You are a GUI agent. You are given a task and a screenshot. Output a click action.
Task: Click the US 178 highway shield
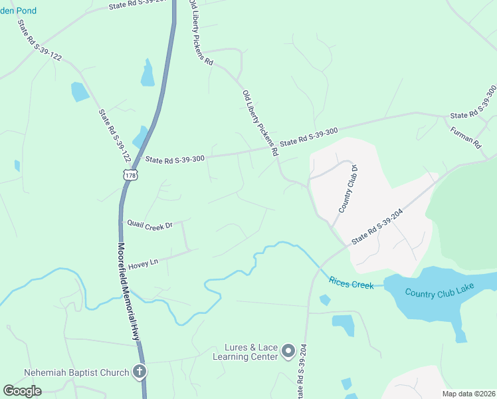point(130,175)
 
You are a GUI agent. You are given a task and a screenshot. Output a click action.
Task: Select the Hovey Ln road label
point(143,263)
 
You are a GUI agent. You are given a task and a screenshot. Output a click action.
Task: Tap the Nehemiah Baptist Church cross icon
point(140,372)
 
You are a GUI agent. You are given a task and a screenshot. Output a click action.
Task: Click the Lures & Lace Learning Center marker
point(288,350)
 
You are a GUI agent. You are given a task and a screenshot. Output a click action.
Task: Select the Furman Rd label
point(465,136)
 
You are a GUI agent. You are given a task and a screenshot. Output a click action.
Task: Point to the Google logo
point(22,391)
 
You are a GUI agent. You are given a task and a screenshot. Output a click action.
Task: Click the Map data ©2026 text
point(468,394)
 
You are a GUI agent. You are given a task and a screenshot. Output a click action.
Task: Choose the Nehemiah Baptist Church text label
point(76,372)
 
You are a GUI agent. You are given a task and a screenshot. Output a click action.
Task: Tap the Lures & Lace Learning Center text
point(245,352)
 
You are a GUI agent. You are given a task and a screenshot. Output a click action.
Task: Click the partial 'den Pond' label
point(18,11)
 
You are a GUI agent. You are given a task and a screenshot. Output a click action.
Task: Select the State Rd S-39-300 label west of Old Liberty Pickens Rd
point(175,159)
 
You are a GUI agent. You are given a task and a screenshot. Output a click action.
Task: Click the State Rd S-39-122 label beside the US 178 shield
point(114,136)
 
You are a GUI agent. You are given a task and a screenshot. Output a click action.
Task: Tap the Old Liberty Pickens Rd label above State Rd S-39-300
point(260,122)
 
